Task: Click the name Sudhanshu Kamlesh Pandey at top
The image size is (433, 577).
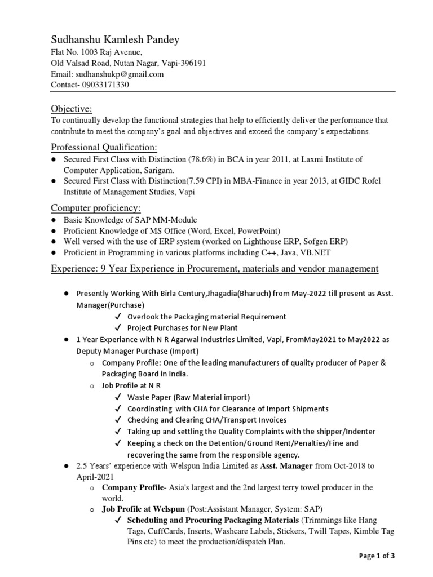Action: pos(116,39)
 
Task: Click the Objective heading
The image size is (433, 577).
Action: pos(72,108)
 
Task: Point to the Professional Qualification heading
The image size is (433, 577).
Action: pos(104,148)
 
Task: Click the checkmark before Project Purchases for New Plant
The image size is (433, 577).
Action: pos(118,328)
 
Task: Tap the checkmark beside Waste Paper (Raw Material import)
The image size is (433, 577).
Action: pos(118,398)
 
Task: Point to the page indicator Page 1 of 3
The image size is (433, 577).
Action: pos(377,556)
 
